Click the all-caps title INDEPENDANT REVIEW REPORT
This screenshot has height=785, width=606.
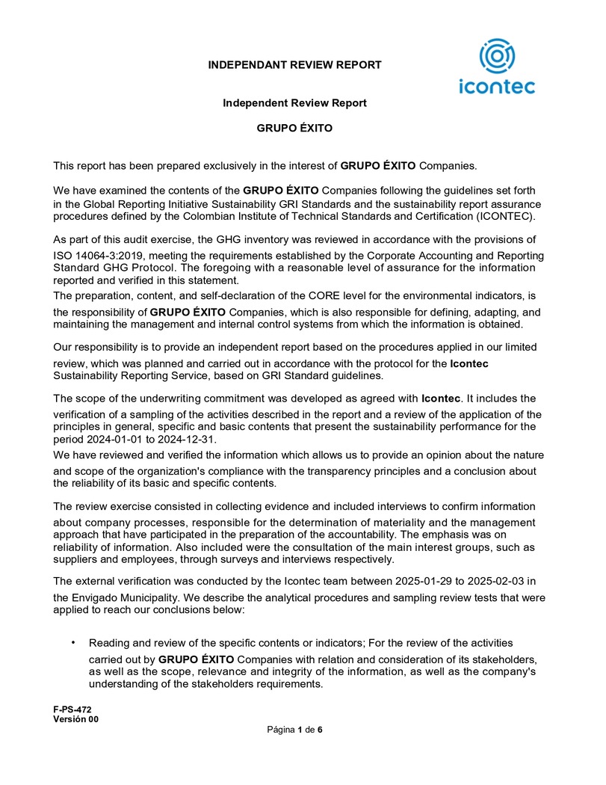click(x=294, y=65)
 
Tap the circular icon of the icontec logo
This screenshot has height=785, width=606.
click(x=497, y=57)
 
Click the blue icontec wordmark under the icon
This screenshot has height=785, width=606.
click(x=497, y=87)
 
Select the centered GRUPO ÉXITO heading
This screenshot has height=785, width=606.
click(x=294, y=129)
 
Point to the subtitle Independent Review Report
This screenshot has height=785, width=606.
click(x=294, y=103)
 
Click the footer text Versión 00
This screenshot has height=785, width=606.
click(x=75, y=718)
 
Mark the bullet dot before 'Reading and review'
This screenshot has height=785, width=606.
click(x=73, y=642)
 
